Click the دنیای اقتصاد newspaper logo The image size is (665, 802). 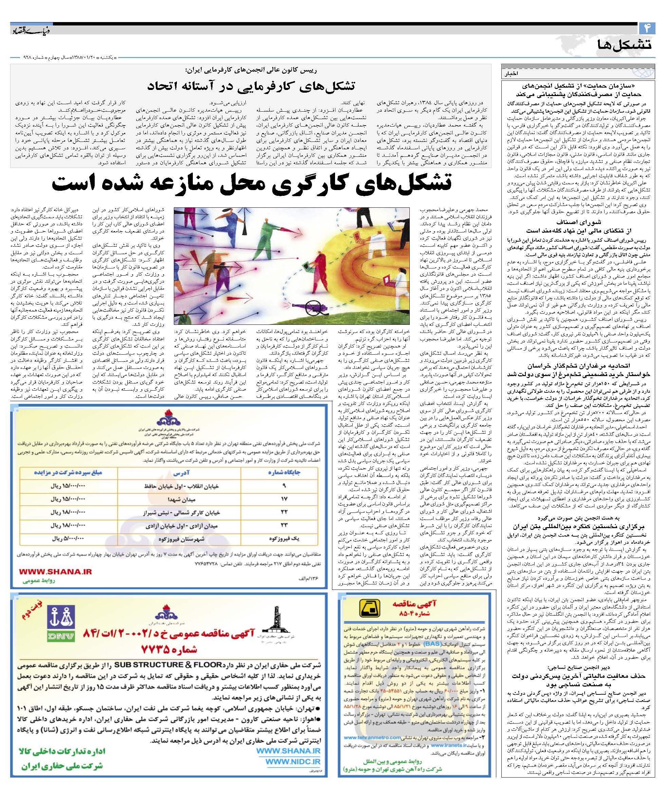(28, 30)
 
